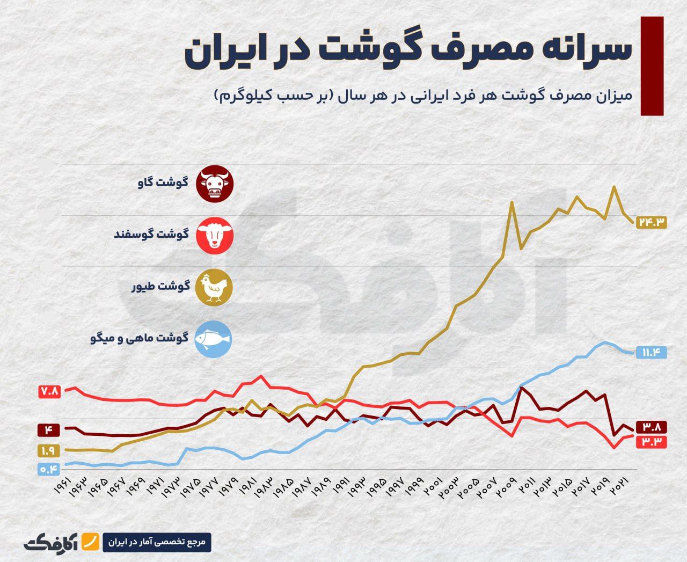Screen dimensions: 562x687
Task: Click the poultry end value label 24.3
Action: (x=651, y=221)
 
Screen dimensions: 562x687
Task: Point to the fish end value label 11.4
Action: (x=651, y=352)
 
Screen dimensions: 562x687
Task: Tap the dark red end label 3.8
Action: (x=651, y=427)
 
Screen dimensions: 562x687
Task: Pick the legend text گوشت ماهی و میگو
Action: (x=140, y=338)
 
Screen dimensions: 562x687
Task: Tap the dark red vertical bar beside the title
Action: (x=652, y=65)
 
